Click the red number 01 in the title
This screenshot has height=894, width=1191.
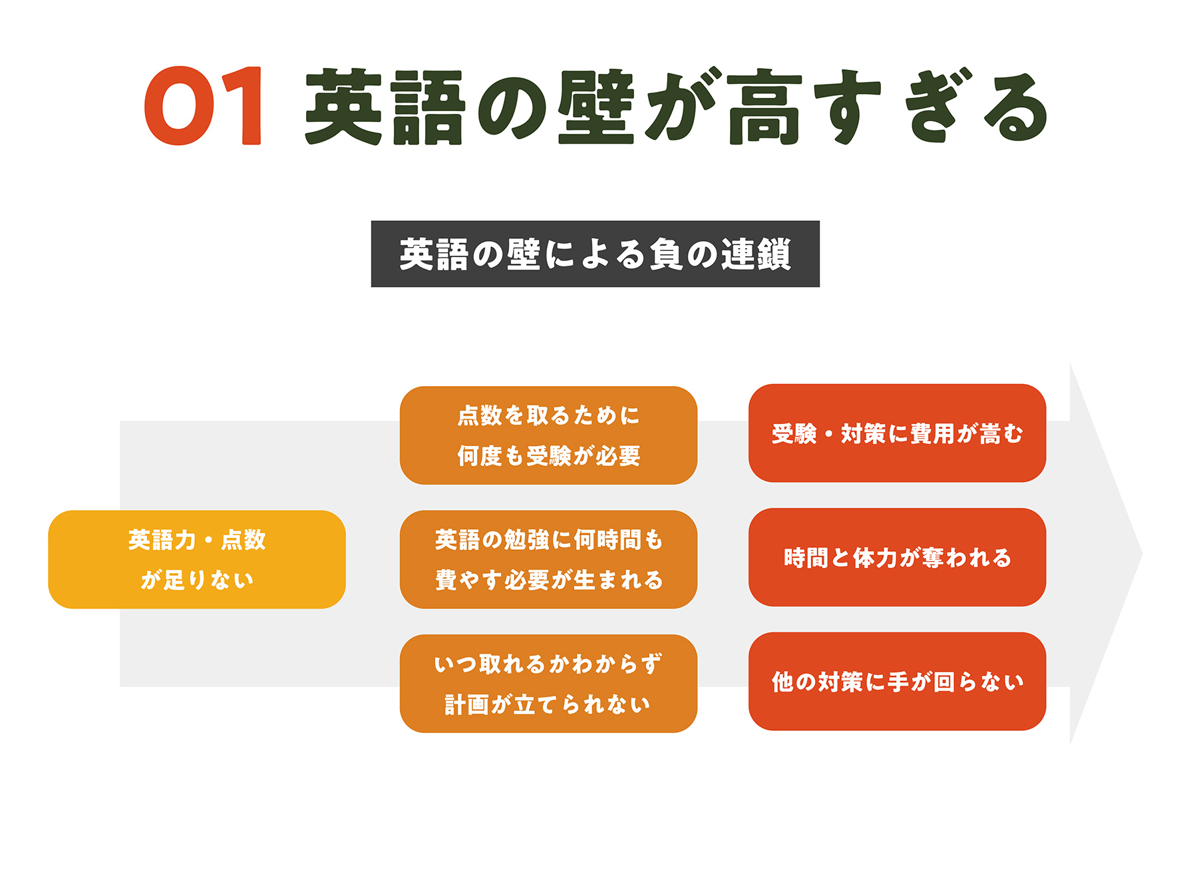click(x=204, y=105)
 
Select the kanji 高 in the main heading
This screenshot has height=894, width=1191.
click(x=765, y=107)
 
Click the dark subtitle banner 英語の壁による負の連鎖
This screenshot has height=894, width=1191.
click(x=595, y=254)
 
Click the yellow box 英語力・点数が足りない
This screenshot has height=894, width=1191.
click(x=197, y=559)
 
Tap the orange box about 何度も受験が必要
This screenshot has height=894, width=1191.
click(x=548, y=435)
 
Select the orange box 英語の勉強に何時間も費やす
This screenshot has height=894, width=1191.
click(x=548, y=559)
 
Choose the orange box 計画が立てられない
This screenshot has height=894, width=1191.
click(x=548, y=684)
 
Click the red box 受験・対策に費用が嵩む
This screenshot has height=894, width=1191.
click(x=897, y=433)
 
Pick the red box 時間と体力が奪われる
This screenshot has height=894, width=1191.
click(x=897, y=557)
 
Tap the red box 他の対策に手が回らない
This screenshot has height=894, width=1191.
click(x=897, y=681)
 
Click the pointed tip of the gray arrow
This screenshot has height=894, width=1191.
click(x=1142, y=554)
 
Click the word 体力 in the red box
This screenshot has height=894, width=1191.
click(x=875, y=558)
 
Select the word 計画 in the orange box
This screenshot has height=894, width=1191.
click(x=466, y=704)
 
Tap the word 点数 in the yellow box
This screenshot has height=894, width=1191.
click(x=244, y=540)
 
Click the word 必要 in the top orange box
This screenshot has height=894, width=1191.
click(x=618, y=456)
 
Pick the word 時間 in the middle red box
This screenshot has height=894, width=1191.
click(x=806, y=558)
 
